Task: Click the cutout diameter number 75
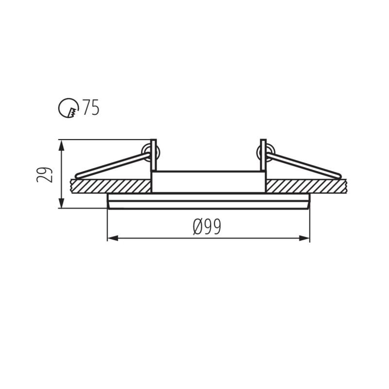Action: tap(91, 107)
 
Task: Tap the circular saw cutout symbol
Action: tap(69, 107)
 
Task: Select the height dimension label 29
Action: tap(45, 175)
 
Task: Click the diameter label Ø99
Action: tap(207, 227)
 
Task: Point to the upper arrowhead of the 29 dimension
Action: tap(61, 144)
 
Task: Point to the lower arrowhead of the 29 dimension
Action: tap(61, 204)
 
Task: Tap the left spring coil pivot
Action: tap(146, 152)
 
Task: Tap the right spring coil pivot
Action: tap(269, 152)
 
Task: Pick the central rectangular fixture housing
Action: tap(208, 181)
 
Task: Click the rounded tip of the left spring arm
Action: tap(77, 175)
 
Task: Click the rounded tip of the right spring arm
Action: tap(338, 175)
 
